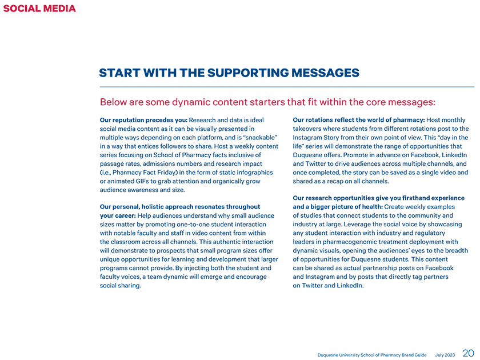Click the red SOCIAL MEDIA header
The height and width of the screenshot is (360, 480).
[39, 8]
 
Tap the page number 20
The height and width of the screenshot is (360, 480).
[468, 353]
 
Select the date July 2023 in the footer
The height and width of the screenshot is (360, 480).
[445, 355]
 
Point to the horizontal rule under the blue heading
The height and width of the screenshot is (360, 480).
[286, 87]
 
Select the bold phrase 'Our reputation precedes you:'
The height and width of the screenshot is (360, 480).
[143, 120]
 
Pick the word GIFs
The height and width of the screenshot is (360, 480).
[150, 181]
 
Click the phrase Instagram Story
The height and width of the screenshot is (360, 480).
[319, 138]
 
